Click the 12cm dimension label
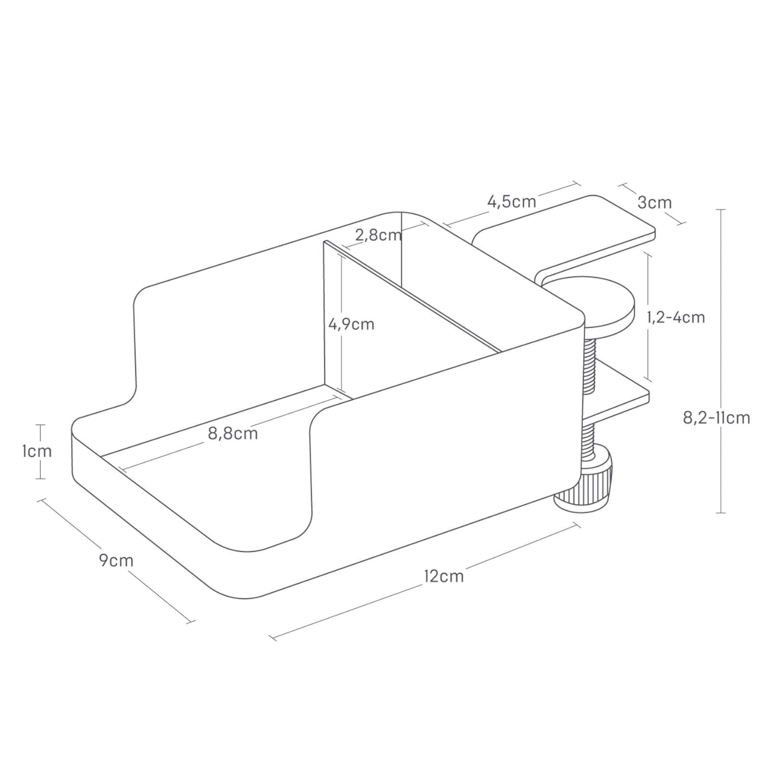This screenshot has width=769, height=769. (444, 576)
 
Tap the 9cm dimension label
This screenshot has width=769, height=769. (116, 560)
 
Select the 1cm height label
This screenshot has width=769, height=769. (37, 451)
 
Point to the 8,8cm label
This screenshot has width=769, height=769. (233, 434)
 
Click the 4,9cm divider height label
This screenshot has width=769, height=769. (351, 324)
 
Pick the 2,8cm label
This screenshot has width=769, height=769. (378, 235)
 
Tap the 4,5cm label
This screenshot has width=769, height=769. (512, 201)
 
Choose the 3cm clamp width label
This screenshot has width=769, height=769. (655, 202)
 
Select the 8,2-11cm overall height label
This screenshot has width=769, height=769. (717, 418)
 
